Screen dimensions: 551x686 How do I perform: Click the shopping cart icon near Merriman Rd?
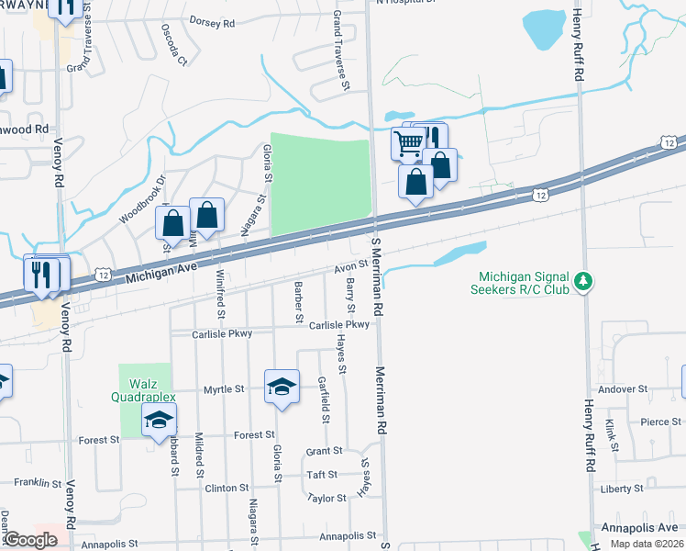pos(408,142)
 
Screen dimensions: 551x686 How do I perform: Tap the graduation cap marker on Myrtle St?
pos(282,386)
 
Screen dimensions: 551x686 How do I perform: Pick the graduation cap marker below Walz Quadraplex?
pos(159,420)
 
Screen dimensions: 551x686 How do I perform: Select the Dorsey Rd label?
pos(212,21)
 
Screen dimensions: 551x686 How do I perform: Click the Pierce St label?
pos(660,422)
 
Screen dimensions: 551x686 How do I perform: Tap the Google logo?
pos(30,540)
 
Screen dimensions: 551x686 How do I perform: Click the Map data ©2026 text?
pos(647,544)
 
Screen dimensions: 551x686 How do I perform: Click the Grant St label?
pos(324,452)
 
